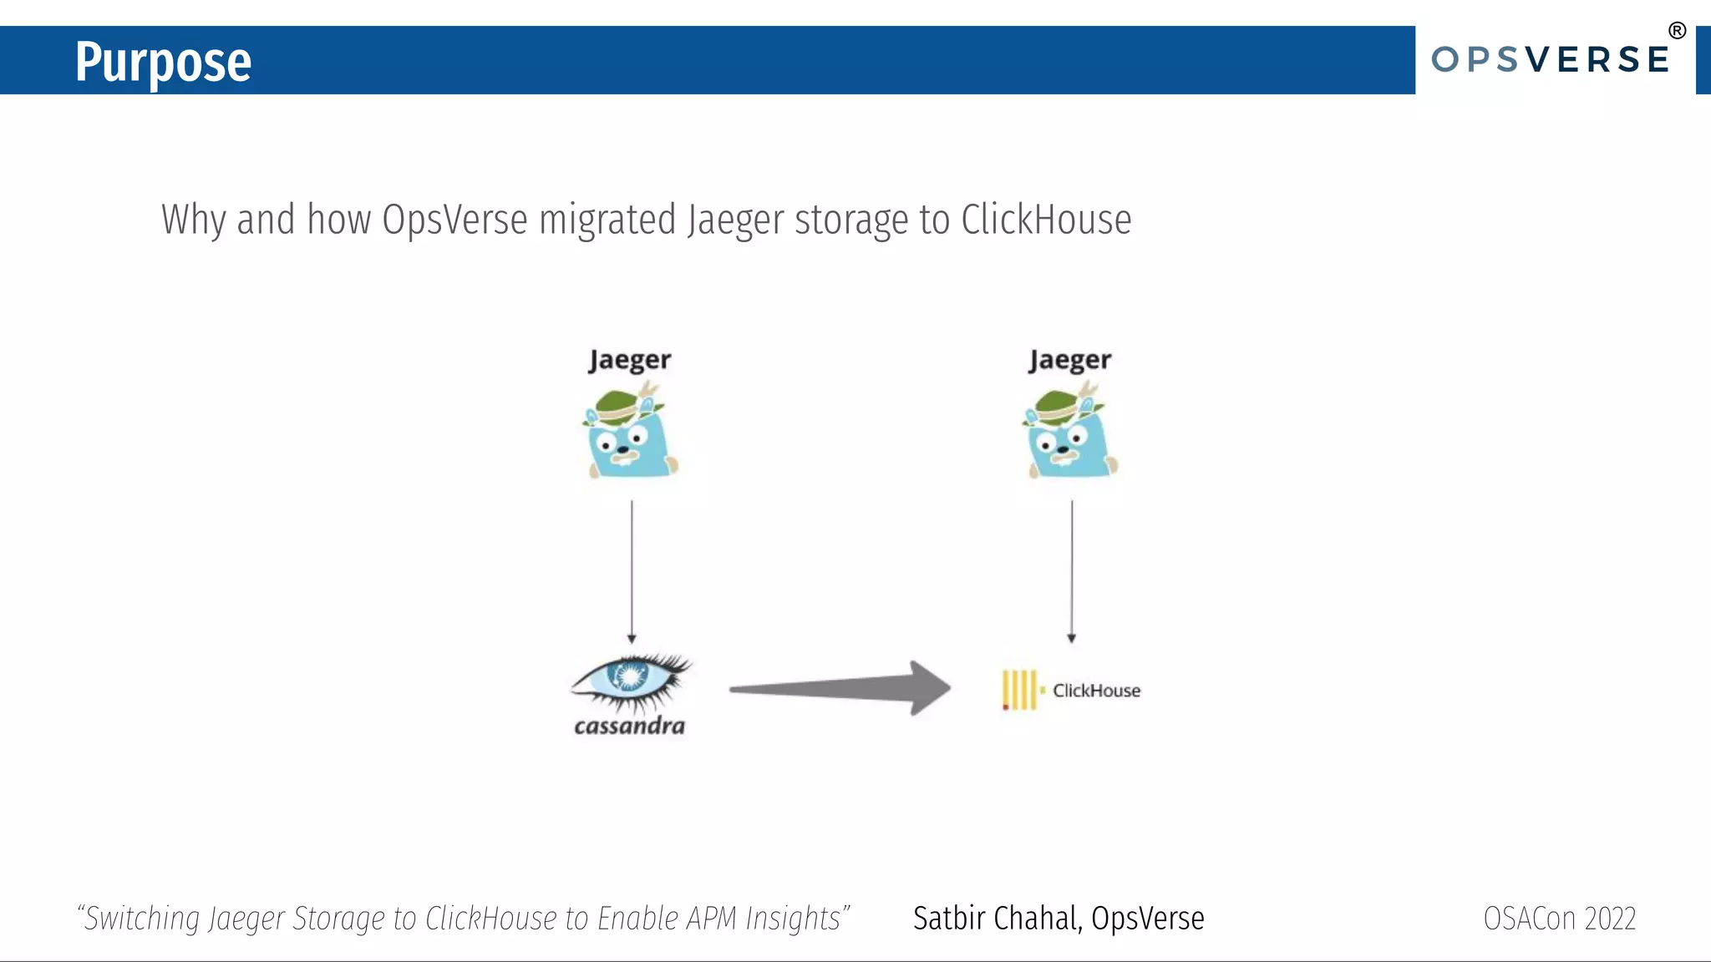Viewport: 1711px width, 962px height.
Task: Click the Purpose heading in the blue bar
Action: pos(163,62)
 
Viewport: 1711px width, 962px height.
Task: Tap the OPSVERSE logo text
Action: pos(1550,60)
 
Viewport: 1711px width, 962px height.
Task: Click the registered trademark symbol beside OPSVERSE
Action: pos(1677,31)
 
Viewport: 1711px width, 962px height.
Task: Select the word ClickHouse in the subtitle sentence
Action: pos(1046,220)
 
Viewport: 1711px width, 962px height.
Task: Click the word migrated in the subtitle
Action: pos(607,220)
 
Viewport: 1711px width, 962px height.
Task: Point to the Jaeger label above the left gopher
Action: pos(630,360)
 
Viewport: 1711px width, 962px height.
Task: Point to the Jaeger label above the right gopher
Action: pos(1070,360)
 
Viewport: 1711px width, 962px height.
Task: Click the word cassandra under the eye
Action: pos(629,726)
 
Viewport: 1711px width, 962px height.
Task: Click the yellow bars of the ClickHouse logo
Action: pos(1019,690)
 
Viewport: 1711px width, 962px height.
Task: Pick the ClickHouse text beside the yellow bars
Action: pos(1096,691)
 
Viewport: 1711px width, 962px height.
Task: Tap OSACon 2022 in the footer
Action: pos(1559,919)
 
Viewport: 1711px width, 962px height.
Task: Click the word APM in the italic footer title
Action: pos(713,919)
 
